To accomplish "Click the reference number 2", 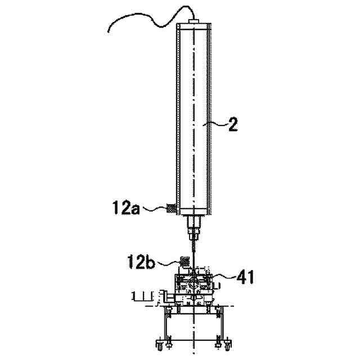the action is [x=233, y=124].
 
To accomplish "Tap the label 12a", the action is [x=126, y=208].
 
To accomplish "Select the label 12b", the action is [x=141, y=262].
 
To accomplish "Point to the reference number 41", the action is [x=245, y=277].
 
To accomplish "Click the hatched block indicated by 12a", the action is [x=171, y=209].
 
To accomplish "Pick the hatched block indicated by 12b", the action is [x=184, y=262].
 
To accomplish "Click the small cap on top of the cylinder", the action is [x=194, y=21].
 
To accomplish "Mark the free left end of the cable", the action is [x=108, y=32].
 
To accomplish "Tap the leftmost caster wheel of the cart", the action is [x=160, y=345].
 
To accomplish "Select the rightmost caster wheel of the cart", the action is [x=228, y=345].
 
